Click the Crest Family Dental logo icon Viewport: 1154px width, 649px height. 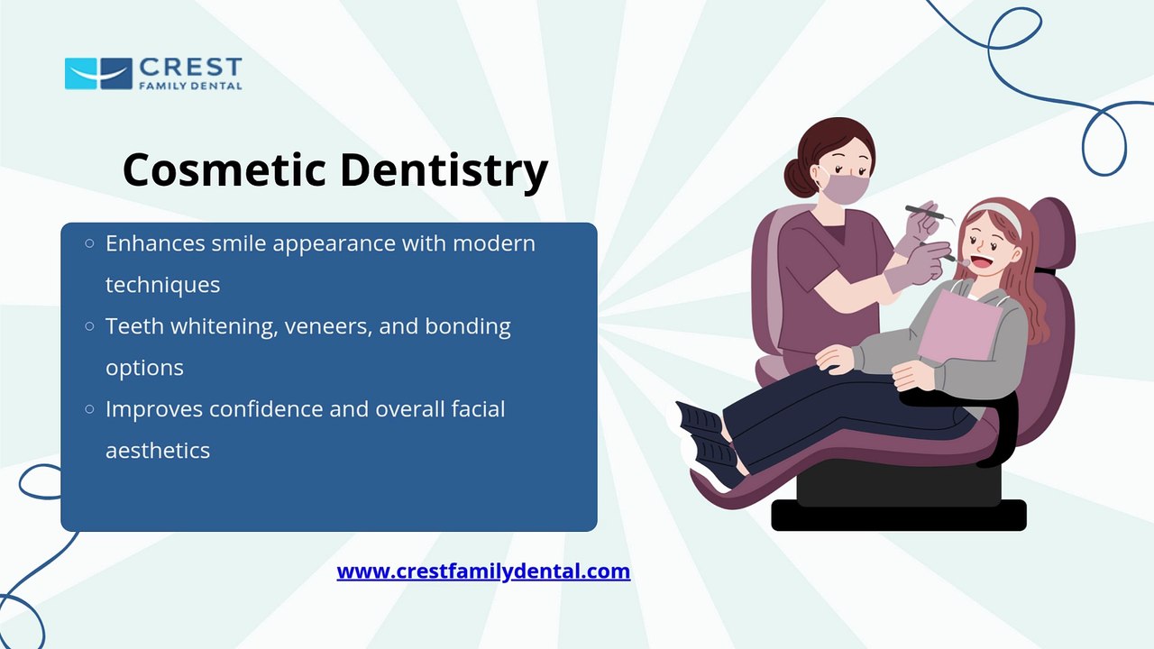98,74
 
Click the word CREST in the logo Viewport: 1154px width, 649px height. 190,68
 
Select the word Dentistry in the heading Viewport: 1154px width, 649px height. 444,172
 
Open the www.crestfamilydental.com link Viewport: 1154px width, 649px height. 483,571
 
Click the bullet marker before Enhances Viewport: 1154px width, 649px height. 89,243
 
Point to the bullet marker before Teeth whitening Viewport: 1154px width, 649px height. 89,326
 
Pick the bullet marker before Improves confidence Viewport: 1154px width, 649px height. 89,409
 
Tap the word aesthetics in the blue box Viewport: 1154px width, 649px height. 158,451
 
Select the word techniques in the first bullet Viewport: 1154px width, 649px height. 163,285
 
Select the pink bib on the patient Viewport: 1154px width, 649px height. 959,325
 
